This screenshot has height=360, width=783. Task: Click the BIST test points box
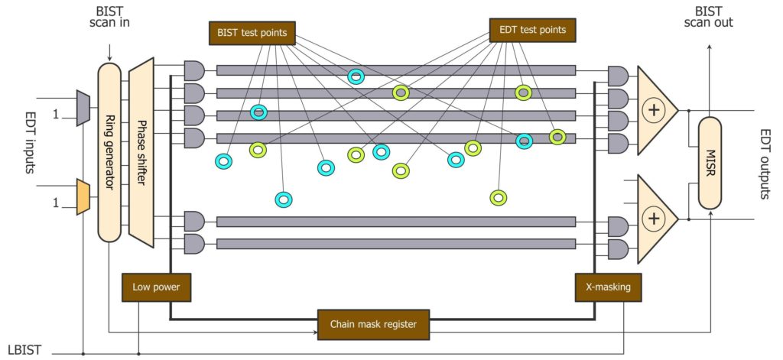pyautogui.click(x=252, y=34)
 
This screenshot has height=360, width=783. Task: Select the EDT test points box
pyautogui.click(x=533, y=30)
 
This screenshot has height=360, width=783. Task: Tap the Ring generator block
pyautogui.click(x=109, y=152)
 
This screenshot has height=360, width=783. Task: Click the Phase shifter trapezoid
pyautogui.click(x=141, y=152)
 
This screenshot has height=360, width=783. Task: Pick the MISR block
pyautogui.click(x=710, y=163)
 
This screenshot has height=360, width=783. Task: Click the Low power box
pyautogui.click(x=156, y=287)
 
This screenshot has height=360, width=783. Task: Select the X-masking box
pyautogui.click(x=609, y=287)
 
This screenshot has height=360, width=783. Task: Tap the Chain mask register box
pyautogui.click(x=373, y=325)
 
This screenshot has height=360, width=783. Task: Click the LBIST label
pyautogui.click(x=24, y=349)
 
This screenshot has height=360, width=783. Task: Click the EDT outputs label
pyautogui.click(x=765, y=164)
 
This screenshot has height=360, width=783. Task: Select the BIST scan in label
pyautogui.click(x=109, y=17)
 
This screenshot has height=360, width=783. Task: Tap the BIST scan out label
pyautogui.click(x=709, y=17)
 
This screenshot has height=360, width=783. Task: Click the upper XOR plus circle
pyautogui.click(x=653, y=110)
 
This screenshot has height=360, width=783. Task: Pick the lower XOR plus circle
pyautogui.click(x=653, y=219)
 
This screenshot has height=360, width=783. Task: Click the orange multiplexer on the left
pyautogui.click(x=83, y=196)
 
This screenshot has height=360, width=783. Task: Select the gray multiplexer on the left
pyautogui.click(x=83, y=107)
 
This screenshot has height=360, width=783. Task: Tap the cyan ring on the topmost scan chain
pyautogui.click(x=356, y=76)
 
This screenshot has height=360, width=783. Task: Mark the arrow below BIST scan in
pyautogui.click(x=109, y=53)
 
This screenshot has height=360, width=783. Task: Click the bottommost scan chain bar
pyautogui.click(x=396, y=244)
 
